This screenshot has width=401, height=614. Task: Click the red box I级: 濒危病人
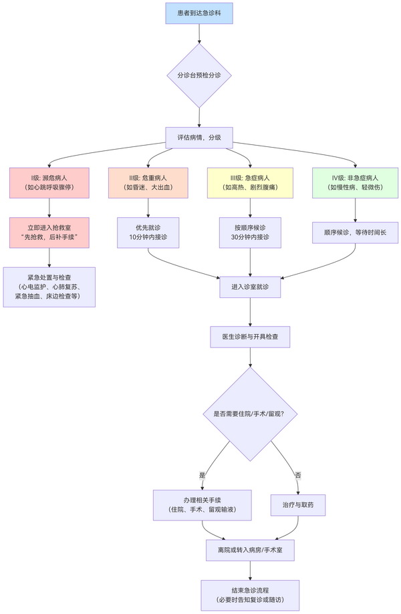click(49, 182)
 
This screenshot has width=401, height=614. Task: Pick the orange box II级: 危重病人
click(148, 182)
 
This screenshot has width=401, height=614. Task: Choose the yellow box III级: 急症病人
click(250, 182)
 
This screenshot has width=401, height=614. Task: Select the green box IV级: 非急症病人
click(354, 182)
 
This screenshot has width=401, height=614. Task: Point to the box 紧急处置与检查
click(49, 287)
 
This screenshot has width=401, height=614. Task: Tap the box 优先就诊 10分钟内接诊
click(148, 232)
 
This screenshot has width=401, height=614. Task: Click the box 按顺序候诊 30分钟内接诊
click(250, 232)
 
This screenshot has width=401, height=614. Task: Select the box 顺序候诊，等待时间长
click(354, 232)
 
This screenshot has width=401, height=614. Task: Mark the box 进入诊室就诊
click(250, 287)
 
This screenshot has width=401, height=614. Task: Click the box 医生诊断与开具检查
click(250, 337)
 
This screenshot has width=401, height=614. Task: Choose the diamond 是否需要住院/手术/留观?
click(250, 414)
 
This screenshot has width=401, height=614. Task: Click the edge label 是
click(202, 475)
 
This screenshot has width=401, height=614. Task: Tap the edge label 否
click(298, 475)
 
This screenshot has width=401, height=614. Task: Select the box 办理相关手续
click(202, 505)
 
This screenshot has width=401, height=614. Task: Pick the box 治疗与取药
click(298, 505)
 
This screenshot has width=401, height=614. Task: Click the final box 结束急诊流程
click(250, 594)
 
